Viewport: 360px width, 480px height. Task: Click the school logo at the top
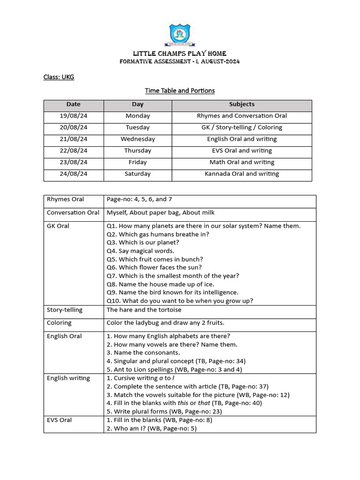pyautogui.click(x=180, y=34)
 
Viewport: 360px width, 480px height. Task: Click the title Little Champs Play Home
pyautogui.click(x=180, y=53)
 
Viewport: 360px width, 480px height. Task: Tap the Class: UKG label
pyautogui.click(x=59, y=77)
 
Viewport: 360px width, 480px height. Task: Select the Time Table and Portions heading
pyautogui.click(x=180, y=90)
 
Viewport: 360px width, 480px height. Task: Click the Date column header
pyautogui.click(x=74, y=105)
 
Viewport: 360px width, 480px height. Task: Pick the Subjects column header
pyautogui.click(x=241, y=105)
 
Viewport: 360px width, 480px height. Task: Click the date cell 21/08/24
pyautogui.click(x=74, y=139)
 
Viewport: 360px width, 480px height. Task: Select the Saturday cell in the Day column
pyautogui.click(x=138, y=174)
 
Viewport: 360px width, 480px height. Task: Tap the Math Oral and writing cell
pyautogui.click(x=241, y=162)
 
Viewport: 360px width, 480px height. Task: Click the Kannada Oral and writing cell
pyautogui.click(x=241, y=174)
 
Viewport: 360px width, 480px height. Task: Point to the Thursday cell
pyautogui.click(x=138, y=151)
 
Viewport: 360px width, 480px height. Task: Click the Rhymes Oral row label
pyautogui.click(x=65, y=200)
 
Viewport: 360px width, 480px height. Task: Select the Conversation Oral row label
pyautogui.click(x=73, y=213)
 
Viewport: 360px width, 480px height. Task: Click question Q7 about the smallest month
pyautogui.click(x=172, y=276)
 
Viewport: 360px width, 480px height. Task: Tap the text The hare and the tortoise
pyautogui.click(x=144, y=310)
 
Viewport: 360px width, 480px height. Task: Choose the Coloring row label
pyautogui.click(x=59, y=323)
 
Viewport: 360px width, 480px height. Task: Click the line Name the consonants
pyautogui.click(x=143, y=353)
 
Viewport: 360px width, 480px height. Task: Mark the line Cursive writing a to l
pyautogui.click(x=141, y=378)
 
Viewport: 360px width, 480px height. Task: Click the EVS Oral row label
pyautogui.click(x=59, y=420)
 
